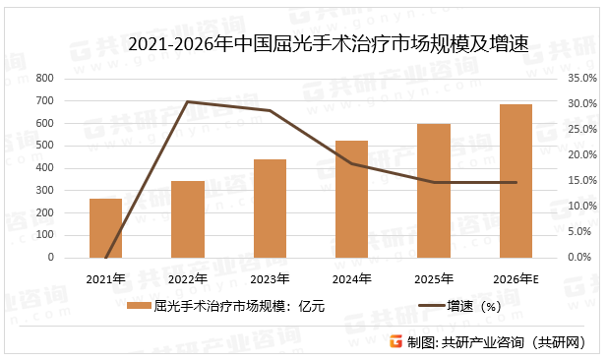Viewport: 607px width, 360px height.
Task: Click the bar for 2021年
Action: [x=105, y=228]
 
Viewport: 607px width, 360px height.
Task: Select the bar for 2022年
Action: [x=187, y=219]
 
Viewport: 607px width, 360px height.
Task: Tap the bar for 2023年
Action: [x=270, y=209]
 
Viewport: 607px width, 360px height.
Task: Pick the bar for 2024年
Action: [x=351, y=199]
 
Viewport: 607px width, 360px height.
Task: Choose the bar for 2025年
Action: [x=434, y=191]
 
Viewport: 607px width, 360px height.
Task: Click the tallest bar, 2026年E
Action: [x=516, y=181]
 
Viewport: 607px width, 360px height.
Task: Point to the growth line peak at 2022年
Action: [x=187, y=102]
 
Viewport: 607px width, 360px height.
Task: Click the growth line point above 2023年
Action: [x=270, y=111]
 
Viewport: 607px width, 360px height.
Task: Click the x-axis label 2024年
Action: [x=351, y=279]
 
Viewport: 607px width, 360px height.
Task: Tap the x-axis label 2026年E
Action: [x=516, y=279]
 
